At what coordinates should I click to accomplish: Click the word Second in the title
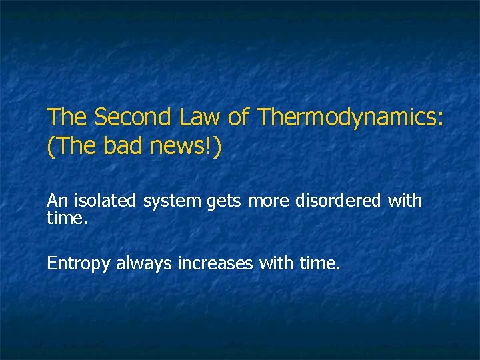134,117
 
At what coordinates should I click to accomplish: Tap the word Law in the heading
201,117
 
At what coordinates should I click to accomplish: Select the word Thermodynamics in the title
345,118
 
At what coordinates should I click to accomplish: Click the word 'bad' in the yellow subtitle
123,147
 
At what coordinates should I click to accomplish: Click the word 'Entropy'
79,264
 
